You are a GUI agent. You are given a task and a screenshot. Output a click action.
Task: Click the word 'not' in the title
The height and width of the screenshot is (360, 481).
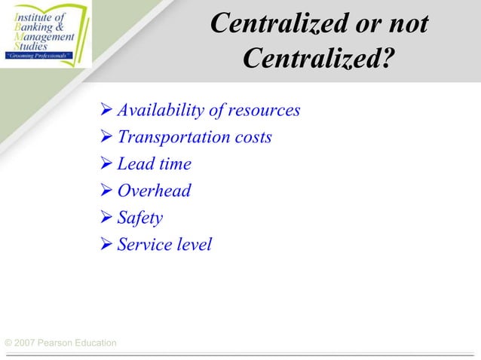pos(405,24)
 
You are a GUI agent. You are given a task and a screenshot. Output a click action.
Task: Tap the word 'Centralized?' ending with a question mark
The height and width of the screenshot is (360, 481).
pos(320,57)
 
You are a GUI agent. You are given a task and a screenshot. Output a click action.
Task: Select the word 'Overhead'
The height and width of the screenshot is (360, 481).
pos(154,191)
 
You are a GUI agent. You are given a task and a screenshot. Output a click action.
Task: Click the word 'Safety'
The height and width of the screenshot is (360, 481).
pos(139,218)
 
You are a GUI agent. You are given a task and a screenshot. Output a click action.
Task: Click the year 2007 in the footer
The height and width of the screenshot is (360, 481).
pos(26,343)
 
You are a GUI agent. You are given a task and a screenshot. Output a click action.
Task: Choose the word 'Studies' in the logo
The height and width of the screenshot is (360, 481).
pos(26,46)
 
